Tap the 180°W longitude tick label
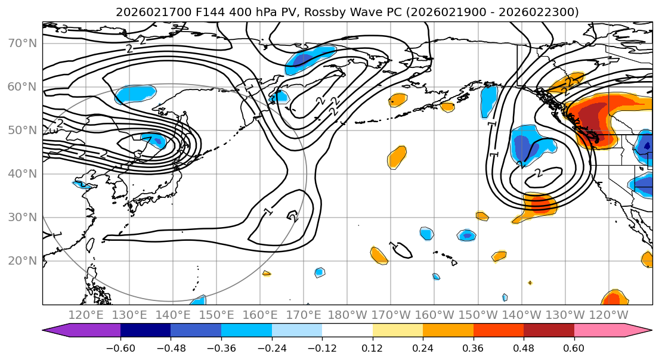coord(347,315)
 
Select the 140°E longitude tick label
coord(173,315)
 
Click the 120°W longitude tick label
coord(608,315)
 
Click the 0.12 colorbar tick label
coord(373,347)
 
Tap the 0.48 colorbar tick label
coord(524,347)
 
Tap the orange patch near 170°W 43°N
coord(397,157)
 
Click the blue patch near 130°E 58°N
coord(135,94)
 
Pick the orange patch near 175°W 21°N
coord(379,255)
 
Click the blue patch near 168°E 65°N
coord(310,60)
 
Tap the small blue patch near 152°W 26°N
coord(466,235)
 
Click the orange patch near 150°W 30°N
coord(482,216)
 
